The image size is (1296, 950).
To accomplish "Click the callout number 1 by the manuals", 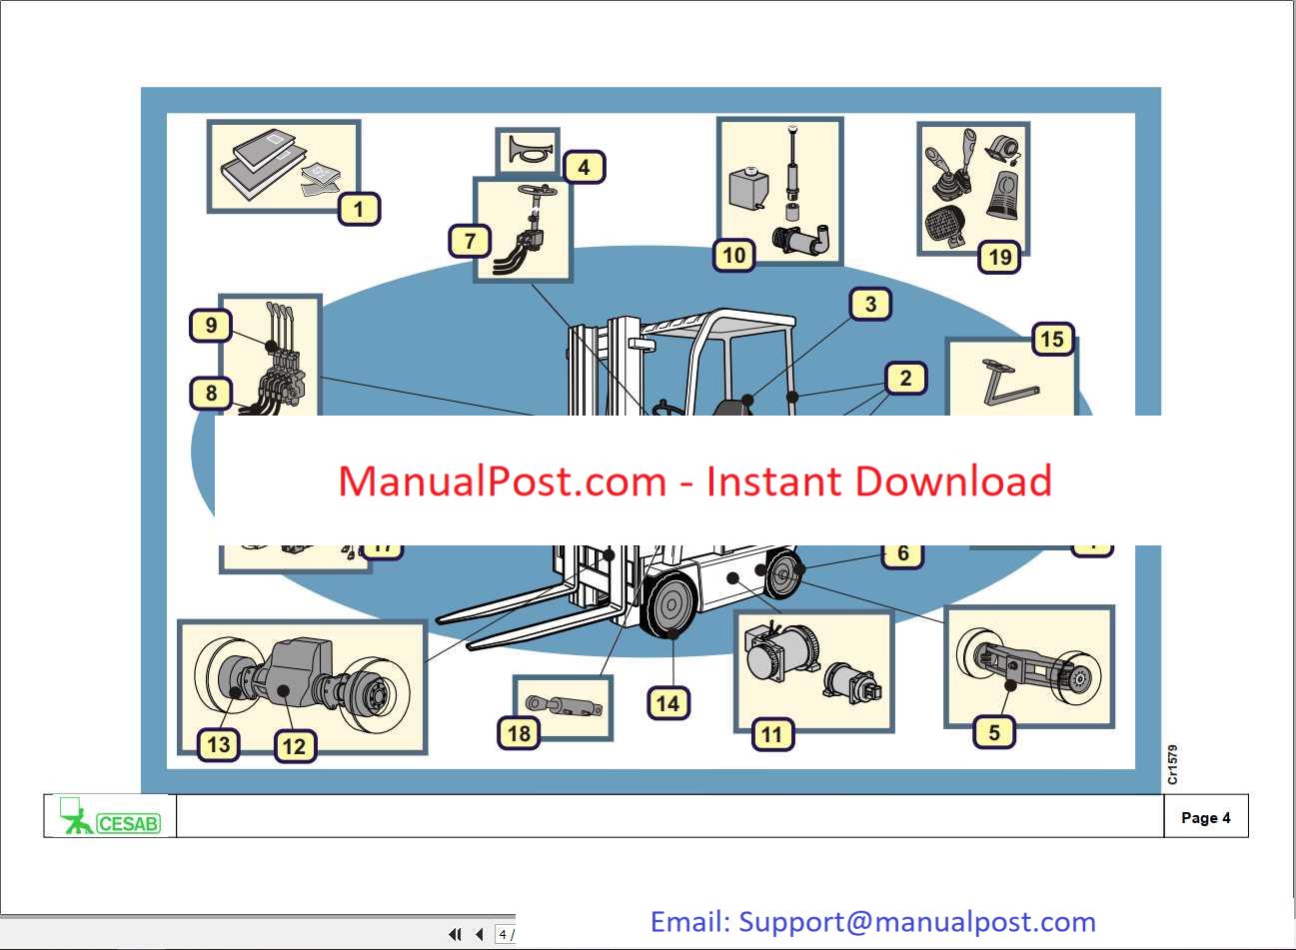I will pos(359,210).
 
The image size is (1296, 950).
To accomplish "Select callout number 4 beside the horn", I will pos(584,167).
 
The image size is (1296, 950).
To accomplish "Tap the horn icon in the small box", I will pos(527,152).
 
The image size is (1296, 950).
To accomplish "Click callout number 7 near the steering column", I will pos(471,241).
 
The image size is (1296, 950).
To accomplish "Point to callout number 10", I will pos(734,256).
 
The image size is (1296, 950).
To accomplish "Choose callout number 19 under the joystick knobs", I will pos(999,258).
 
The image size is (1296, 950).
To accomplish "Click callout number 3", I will pos(870,305).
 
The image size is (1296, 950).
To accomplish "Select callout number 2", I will pos(905,379).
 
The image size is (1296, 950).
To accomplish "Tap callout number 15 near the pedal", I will pos(1051,340).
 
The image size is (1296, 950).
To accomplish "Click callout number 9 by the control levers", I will pos(211,326).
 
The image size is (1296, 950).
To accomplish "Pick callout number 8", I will pos(211,394).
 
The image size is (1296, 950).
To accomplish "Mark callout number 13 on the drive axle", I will pos(219,744).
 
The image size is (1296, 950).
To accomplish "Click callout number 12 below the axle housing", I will pos(294,746).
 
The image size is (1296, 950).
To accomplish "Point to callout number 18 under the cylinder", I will pos(519,733).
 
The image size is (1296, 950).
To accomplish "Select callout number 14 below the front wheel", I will pos(667,703).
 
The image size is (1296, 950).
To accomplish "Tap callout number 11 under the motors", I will pos(771,735).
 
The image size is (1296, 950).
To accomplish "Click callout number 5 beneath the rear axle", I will pos(993,732).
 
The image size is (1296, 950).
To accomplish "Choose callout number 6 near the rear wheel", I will pos(902,553).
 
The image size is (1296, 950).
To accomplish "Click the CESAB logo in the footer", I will pos(111,817).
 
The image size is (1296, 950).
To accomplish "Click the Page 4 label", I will pos(1205,818).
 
